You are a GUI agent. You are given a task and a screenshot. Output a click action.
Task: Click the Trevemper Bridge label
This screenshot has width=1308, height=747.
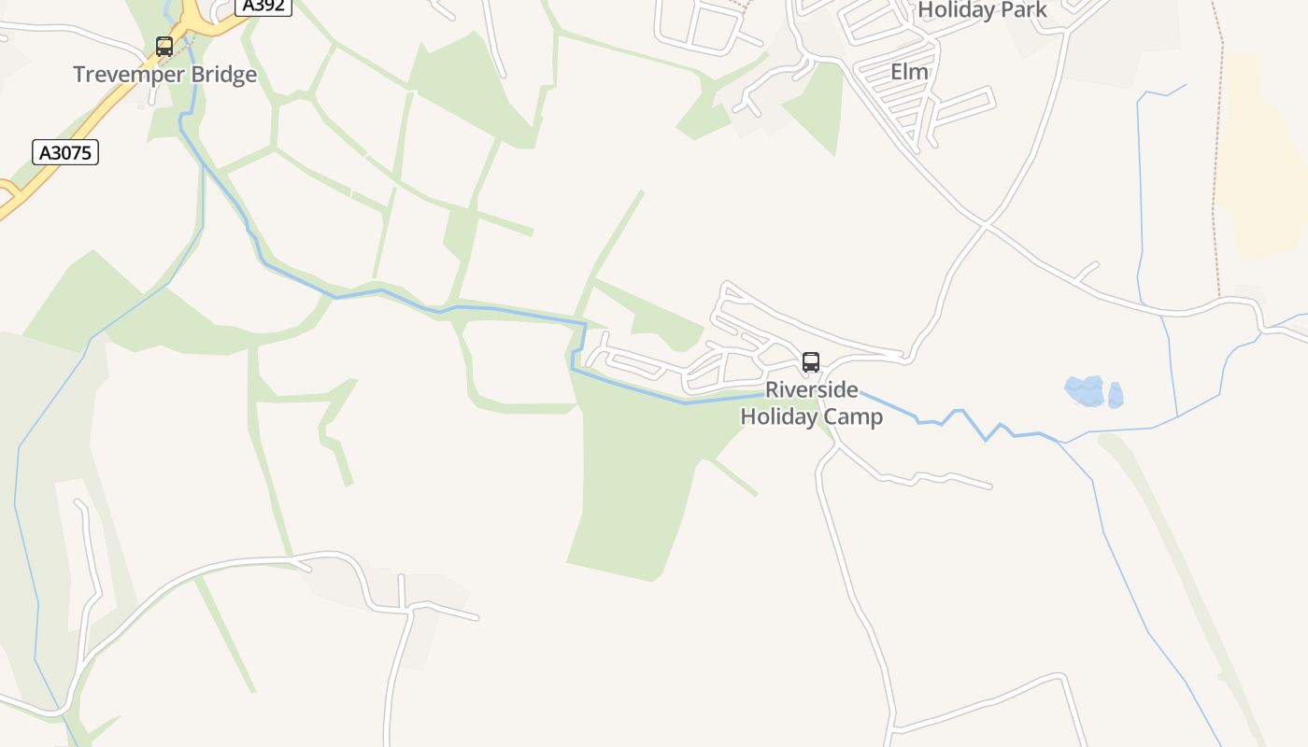point(164,75)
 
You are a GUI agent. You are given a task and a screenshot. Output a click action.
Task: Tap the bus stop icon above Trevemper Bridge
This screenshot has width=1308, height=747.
point(164,47)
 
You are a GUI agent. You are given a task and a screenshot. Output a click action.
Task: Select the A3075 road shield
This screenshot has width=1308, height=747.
point(65,152)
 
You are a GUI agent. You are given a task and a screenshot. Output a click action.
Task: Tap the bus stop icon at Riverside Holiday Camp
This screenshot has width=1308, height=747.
point(811,362)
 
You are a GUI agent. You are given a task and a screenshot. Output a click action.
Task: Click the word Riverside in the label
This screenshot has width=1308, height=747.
point(811,390)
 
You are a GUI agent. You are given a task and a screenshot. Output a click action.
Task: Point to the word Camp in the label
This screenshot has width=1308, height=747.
point(853,416)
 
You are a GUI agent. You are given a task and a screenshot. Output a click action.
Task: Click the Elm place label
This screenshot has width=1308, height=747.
point(909,72)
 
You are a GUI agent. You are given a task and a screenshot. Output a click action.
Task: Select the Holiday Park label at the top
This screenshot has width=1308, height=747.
point(982,10)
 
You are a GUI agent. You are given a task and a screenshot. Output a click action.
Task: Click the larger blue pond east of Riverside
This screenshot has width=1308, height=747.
point(1085,390)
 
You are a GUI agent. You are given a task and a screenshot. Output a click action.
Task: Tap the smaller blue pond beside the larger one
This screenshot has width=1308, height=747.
point(1115,395)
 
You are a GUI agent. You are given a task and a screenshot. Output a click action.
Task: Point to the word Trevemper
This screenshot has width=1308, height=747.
point(128,75)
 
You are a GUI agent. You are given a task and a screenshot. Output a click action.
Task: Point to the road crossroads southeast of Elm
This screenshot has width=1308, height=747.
point(986,224)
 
